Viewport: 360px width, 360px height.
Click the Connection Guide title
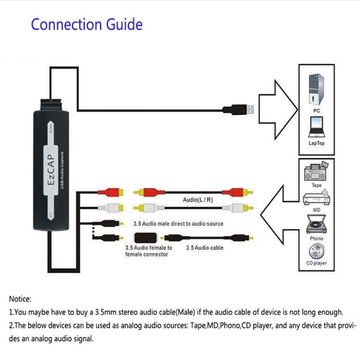click(87, 24)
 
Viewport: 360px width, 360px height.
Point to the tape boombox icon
click(316, 171)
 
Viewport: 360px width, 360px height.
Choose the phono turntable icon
click(316, 224)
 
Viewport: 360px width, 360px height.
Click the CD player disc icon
click(316, 251)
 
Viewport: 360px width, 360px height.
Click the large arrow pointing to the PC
click(276, 109)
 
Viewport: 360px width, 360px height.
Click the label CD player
click(316, 263)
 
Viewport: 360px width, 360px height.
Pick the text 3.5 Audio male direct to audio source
click(171, 224)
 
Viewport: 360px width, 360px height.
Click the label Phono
click(316, 238)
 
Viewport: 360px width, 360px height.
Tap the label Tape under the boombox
click(316, 184)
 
